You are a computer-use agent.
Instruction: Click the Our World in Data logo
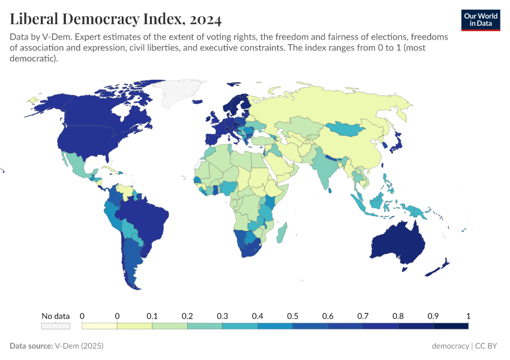[x=480, y=19]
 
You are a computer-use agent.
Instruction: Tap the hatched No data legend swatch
[x=55, y=326]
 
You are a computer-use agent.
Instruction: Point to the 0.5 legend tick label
[x=293, y=316]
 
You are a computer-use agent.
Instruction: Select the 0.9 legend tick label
[x=433, y=316]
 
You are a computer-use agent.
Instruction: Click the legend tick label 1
[x=468, y=316]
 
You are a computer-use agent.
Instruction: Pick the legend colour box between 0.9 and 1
[x=451, y=326]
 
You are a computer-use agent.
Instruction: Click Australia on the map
[x=398, y=243]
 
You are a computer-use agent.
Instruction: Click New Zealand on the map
[x=441, y=267]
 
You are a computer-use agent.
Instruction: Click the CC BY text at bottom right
[x=488, y=346]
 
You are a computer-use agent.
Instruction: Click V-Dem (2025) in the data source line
[x=79, y=346]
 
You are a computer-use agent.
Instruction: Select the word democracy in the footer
[x=450, y=346]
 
